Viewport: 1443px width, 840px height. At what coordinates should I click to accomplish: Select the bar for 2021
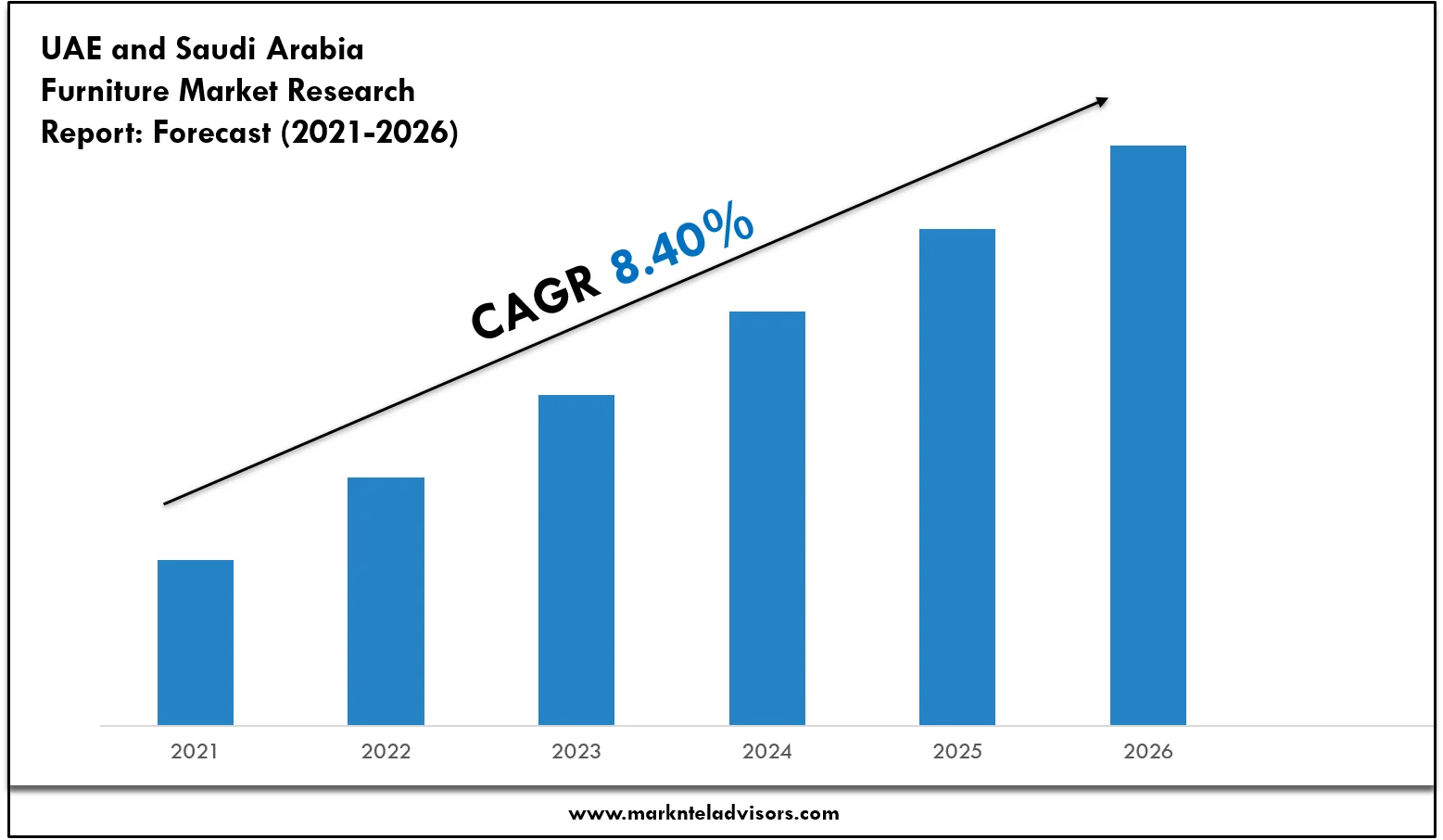(x=196, y=642)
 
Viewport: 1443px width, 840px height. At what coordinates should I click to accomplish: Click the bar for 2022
(x=386, y=601)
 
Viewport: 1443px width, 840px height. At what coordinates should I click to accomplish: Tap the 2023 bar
(x=576, y=559)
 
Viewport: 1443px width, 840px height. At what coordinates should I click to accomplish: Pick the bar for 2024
(x=767, y=517)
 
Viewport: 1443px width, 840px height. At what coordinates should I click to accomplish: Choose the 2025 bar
(x=957, y=477)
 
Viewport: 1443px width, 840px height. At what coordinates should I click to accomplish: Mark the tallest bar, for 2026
(x=1148, y=435)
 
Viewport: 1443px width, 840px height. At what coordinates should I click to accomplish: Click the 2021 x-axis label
(x=195, y=751)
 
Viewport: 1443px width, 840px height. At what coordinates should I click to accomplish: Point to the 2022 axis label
(x=386, y=751)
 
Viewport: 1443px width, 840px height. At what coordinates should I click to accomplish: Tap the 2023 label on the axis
(x=576, y=751)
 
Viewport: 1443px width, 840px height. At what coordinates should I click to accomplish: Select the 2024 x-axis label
(x=767, y=751)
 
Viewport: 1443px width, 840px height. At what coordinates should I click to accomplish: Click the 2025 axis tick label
(x=957, y=751)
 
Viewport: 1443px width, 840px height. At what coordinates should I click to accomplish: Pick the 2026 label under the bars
(x=1148, y=751)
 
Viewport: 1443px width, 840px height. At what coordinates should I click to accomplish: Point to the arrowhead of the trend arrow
(x=1101, y=101)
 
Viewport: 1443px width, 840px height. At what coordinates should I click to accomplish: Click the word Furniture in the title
(x=105, y=91)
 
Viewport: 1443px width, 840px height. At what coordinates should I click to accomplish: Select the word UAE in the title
(x=71, y=48)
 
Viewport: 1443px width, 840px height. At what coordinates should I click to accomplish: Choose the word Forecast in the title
(x=212, y=133)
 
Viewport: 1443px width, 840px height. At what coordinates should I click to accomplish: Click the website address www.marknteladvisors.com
(x=703, y=813)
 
